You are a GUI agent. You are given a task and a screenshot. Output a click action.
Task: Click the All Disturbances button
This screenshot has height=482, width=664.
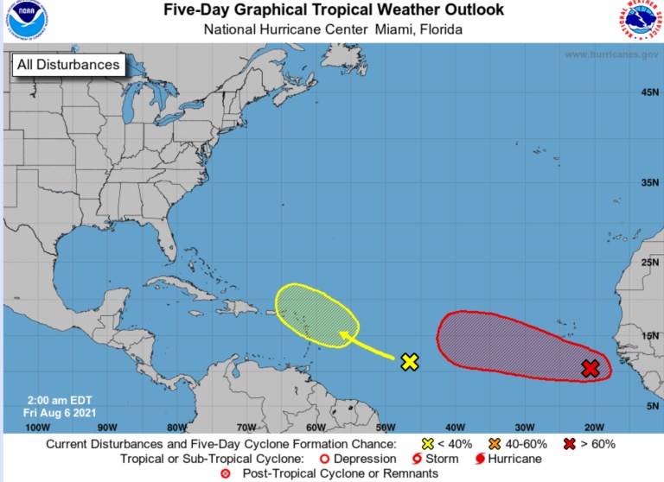[x=67, y=65]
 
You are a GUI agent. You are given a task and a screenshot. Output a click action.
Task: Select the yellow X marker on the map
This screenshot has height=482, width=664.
[x=410, y=362]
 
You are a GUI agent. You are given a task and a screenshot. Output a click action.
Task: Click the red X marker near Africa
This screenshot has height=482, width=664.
[x=591, y=369]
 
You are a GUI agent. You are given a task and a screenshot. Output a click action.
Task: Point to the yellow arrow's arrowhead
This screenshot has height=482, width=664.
[x=342, y=333]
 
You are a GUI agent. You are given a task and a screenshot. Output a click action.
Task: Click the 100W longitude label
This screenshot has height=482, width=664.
[x=38, y=427]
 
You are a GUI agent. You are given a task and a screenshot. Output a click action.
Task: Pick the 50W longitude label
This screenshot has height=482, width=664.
[x=386, y=427]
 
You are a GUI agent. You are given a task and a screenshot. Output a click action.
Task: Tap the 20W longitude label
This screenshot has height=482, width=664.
[x=594, y=427]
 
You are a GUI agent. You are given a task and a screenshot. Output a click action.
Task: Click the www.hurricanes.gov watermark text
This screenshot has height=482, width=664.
[x=613, y=54]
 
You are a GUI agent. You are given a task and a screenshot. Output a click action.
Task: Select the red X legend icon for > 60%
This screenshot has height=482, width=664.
[x=571, y=444]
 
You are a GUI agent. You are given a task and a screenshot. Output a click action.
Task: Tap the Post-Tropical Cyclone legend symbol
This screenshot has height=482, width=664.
[x=227, y=473]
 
